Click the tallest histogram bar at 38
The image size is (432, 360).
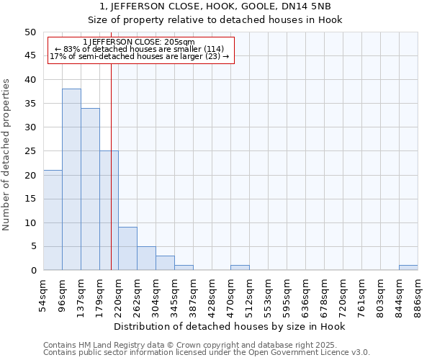[71, 180]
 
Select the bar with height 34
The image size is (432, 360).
[90, 189]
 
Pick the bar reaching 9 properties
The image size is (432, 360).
[127, 249]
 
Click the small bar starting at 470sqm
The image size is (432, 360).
[240, 268]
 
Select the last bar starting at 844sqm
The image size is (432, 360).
[408, 268]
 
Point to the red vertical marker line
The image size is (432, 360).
[111, 166]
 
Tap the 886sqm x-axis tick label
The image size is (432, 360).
[418, 293]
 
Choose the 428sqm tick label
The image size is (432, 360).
[212, 293]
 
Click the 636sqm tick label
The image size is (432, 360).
[306, 293]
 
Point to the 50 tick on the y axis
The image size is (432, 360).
[30, 32]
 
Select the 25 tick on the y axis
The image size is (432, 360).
[30, 151]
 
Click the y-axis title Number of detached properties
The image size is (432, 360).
[7, 155]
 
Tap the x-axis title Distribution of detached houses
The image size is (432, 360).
[230, 327]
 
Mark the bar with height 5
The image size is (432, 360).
[146, 258]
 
